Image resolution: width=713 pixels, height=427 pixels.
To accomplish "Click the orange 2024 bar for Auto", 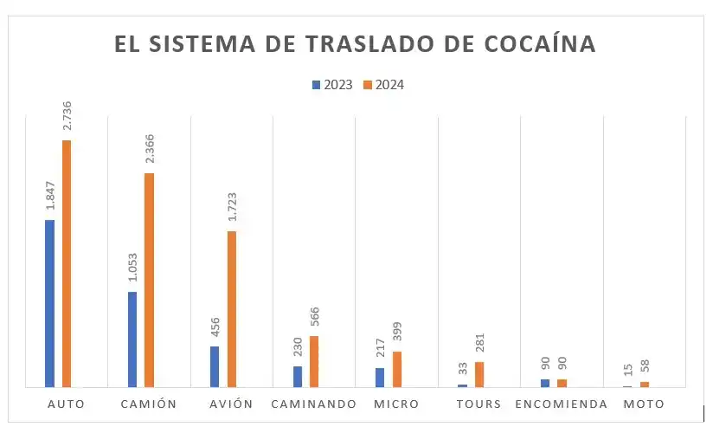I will click(x=66, y=263).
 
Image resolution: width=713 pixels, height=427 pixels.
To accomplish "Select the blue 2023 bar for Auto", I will click(x=49, y=303).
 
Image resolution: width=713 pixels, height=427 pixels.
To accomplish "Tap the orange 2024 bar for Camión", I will click(x=149, y=280).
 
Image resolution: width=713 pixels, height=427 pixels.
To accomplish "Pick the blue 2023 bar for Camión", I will click(x=132, y=339).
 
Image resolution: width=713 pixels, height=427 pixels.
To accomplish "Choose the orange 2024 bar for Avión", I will click(x=231, y=308).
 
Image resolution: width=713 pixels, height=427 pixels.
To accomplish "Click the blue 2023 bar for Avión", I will click(x=215, y=366).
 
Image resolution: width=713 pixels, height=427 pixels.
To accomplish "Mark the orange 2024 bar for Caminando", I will click(x=314, y=361).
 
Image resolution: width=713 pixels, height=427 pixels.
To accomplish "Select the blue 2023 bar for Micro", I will click(x=380, y=378).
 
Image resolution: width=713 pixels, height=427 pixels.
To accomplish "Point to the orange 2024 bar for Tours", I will click(x=479, y=374).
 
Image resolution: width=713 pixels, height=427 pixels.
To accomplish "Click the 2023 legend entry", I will click(x=332, y=85).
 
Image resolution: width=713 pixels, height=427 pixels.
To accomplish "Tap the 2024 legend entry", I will click(x=383, y=85).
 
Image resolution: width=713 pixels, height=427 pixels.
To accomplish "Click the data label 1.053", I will click(x=132, y=268).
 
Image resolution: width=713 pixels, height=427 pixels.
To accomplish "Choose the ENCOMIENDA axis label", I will click(x=560, y=404).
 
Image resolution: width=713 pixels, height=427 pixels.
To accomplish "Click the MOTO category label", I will click(x=644, y=404).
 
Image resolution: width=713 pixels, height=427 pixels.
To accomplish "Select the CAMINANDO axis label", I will click(x=313, y=404).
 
